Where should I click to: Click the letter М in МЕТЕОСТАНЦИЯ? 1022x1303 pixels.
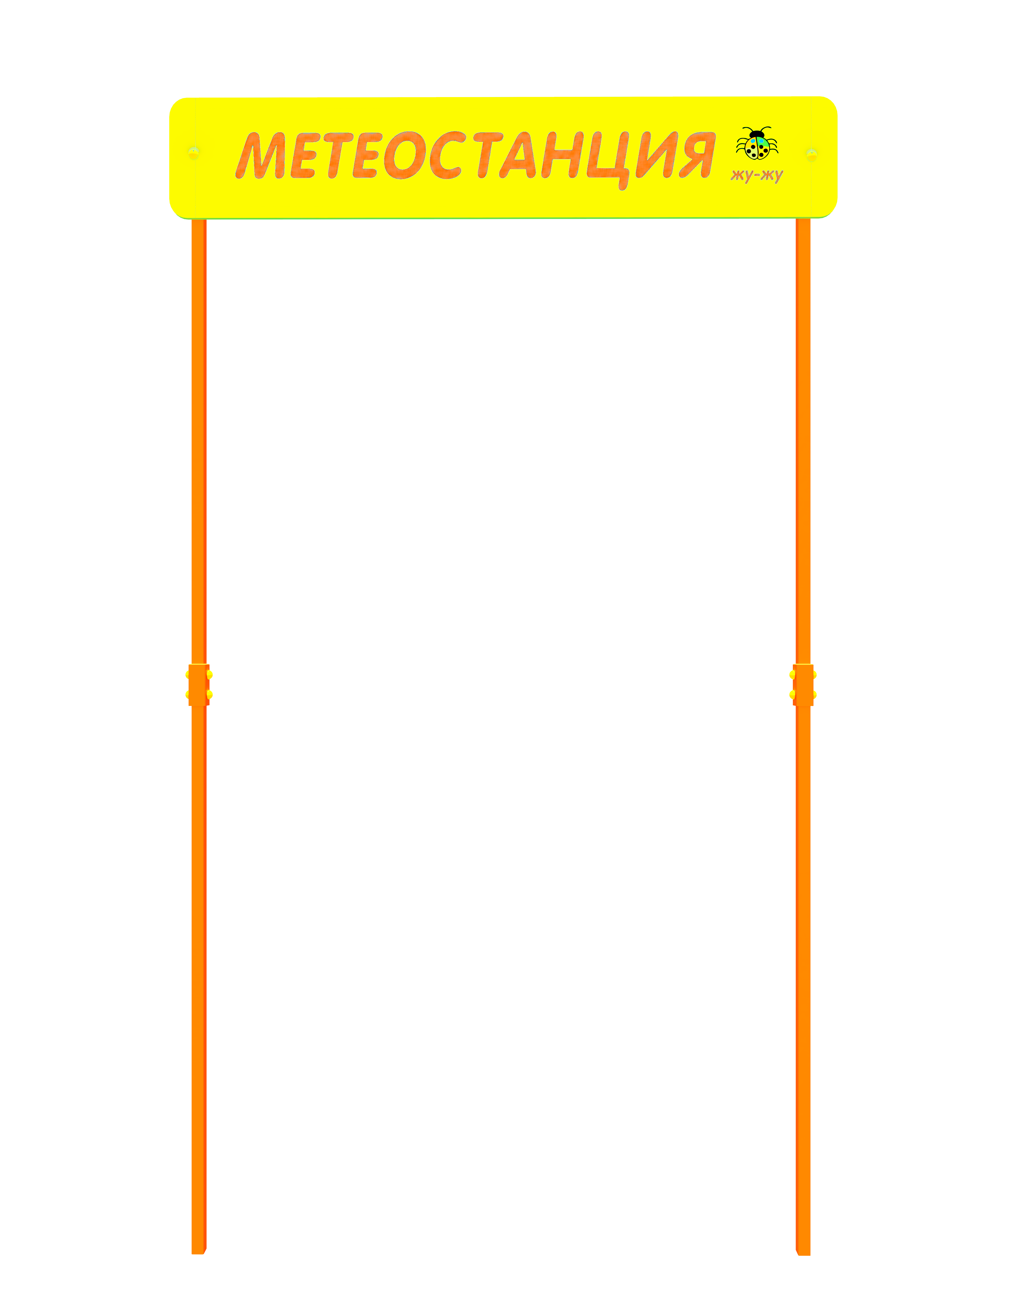point(260,156)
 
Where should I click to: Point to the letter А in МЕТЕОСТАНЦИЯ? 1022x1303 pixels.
point(518,156)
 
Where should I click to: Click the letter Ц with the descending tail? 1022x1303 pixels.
point(609,160)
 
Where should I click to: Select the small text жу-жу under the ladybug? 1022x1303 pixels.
point(757,175)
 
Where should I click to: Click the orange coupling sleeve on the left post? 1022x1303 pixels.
point(199,685)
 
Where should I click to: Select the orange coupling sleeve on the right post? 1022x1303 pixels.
point(803,685)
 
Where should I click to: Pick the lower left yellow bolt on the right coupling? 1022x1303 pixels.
point(792,695)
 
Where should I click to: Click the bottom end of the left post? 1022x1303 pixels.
point(199,1253)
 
